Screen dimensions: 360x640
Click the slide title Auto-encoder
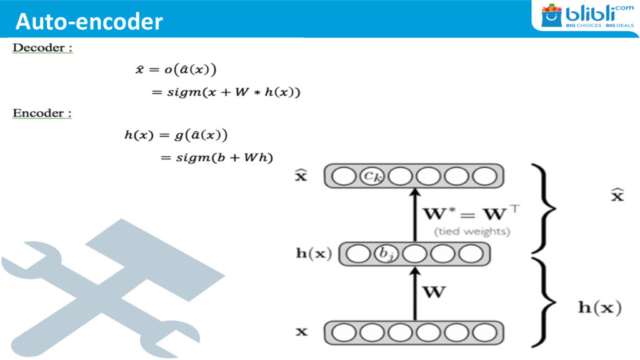coord(89,22)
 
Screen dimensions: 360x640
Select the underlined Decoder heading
coord(43,48)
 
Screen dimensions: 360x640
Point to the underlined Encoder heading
coord(43,114)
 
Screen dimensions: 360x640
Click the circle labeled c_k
coord(372,177)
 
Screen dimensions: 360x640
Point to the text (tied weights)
coord(472,232)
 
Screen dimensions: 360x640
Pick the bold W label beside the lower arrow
coord(435,292)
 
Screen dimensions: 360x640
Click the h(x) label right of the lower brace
coord(598,307)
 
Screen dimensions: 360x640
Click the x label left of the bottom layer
coord(302,331)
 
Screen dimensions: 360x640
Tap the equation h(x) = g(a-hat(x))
coord(175,134)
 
